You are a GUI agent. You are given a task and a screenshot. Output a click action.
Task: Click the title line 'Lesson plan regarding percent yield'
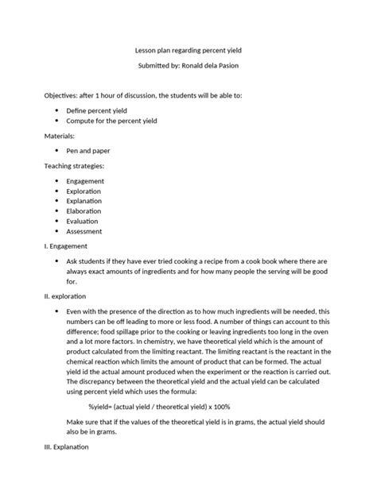click(188, 48)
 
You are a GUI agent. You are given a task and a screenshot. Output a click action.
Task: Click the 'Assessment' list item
click(84, 232)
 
